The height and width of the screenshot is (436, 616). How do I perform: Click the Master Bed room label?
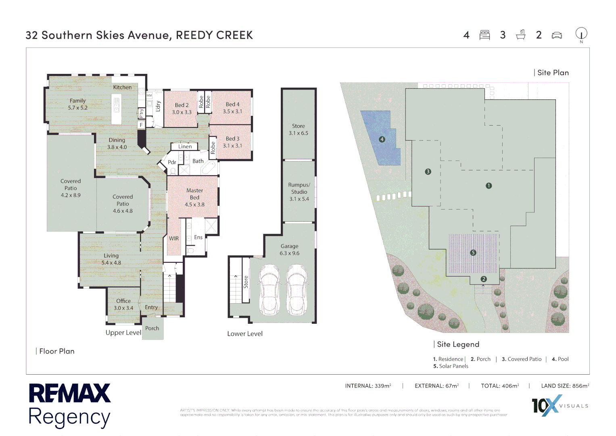[x=194, y=197]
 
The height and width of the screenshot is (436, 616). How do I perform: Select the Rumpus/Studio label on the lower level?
[x=299, y=192]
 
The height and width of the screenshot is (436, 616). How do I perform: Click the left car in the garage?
[x=269, y=289]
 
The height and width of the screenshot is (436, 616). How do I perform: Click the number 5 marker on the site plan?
[x=473, y=253]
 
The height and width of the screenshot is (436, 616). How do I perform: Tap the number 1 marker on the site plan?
[x=489, y=186]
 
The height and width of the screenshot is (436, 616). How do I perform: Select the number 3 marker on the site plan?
[x=428, y=172]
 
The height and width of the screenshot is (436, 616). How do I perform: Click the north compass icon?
[x=581, y=34]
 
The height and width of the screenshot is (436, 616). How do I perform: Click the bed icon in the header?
[x=484, y=35]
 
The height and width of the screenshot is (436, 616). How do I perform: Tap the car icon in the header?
[x=557, y=36]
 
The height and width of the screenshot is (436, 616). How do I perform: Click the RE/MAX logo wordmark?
[x=69, y=393]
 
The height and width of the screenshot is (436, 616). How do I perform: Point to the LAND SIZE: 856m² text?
[x=565, y=386]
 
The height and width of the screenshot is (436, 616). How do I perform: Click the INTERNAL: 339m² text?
[x=368, y=386]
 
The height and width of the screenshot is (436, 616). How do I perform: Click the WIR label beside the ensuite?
[x=174, y=239]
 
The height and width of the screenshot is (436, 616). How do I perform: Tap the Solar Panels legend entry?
[x=451, y=366]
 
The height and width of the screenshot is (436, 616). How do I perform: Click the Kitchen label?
[x=122, y=87]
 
